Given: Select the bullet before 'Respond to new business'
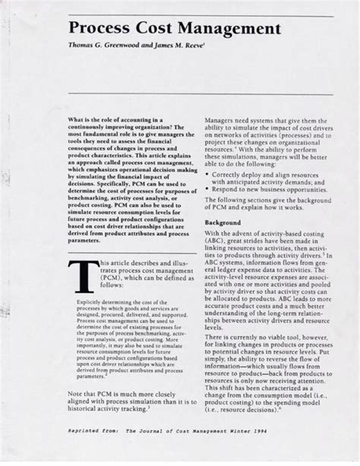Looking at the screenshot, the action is pyautogui.click(x=209, y=195).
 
